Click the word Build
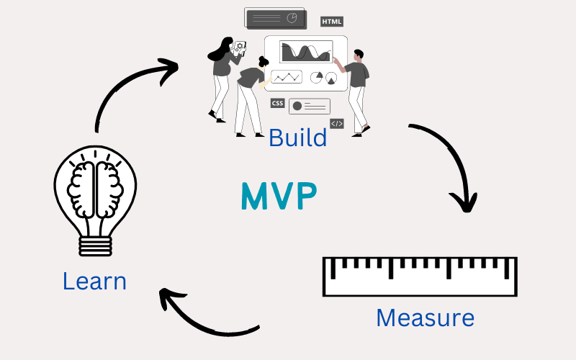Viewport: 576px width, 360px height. click(x=297, y=137)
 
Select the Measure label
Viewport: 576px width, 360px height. click(x=425, y=318)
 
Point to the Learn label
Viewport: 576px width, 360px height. click(x=94, y=281)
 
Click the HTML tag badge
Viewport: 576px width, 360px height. click(x=332, y=22)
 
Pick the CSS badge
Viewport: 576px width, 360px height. click(x=277, y=104)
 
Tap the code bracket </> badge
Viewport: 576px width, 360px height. click(x=337, y=123)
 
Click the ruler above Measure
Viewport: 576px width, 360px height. click(x=420, y=276)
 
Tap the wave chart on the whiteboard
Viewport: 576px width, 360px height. click(x=305, y=52)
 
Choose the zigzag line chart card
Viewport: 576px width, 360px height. click(x=287, y=76)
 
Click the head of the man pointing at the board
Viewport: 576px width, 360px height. click(x=359, y=55)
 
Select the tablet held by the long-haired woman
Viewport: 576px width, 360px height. click(x=240, y=48)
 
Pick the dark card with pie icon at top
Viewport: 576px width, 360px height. click(x=274, y=18)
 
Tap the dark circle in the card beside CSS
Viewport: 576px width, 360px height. click(x=297, y=106)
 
